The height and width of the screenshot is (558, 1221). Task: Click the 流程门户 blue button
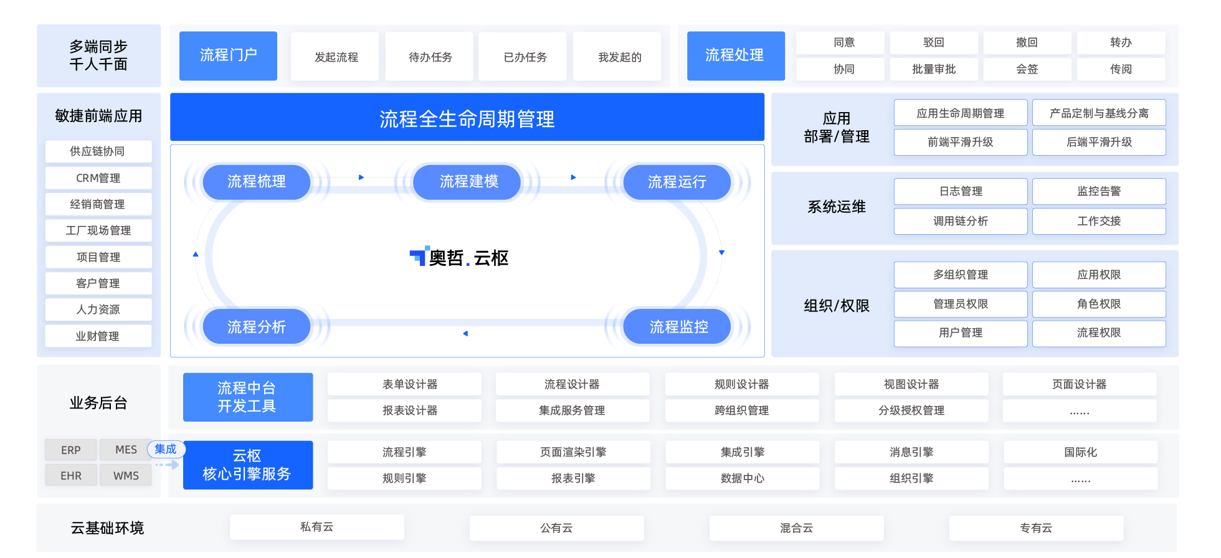click(228, 55)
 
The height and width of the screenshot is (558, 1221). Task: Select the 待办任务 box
click(429, 57)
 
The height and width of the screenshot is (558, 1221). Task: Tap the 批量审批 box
click(933, 69)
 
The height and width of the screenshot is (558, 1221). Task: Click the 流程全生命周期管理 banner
click(467, 117)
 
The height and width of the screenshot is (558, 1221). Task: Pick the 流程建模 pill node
click(468, 182)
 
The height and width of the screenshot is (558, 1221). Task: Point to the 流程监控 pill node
click(678, 326)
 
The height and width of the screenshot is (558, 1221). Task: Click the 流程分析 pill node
click(256, 326)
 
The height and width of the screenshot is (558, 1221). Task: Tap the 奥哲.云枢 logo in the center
click(459, 257)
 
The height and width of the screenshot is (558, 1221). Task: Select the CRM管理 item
click(98, 178)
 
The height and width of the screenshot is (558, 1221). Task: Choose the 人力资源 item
click(98, 310)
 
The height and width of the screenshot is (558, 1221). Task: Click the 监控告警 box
click(1099, 191)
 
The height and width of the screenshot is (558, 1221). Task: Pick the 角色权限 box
click(1099, 304)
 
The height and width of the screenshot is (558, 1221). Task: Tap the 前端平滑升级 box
click(961, 142)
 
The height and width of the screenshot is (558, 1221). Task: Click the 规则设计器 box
click(741, 384)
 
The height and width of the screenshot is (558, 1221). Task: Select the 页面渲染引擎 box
click(573, 452)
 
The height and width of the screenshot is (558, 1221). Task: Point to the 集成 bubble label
click(166, 449)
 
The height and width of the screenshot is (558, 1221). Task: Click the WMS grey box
click(126, 476)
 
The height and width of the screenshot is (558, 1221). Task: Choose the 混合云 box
click(796, 528)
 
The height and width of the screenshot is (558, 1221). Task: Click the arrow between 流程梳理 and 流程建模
click(361, 177)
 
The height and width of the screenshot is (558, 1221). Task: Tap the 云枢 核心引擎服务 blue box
click(247, 465)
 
